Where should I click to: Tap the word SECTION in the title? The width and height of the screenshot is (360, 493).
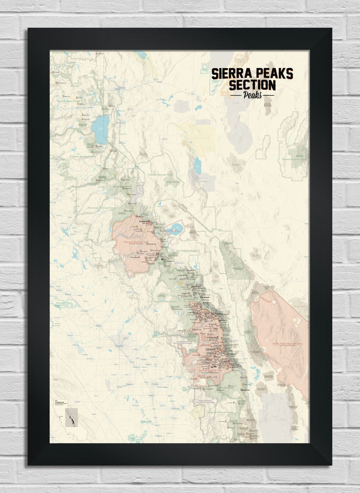click(252, 85)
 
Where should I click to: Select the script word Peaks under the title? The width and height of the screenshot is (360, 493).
click(252, 95)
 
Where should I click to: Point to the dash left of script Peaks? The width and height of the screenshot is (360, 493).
click(235, 95)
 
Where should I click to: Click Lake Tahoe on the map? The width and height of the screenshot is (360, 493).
click(100, 129)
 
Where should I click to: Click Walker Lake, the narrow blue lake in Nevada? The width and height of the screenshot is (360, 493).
click(198, 164)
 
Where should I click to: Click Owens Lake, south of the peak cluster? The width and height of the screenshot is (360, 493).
click(256, 374)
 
